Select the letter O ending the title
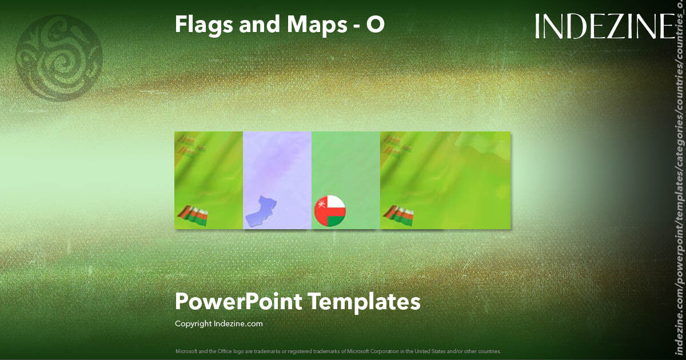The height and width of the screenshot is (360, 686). click(x=375, y=24)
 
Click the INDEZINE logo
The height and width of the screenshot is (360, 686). click(x=605, y=26)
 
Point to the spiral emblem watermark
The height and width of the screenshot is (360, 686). click(x=59, y=58)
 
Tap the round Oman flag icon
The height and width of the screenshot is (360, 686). click(x=330, y=210)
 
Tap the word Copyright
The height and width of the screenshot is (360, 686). click(x=193, y=324)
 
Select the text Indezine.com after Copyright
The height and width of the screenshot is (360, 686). click(x=238, y=324)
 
